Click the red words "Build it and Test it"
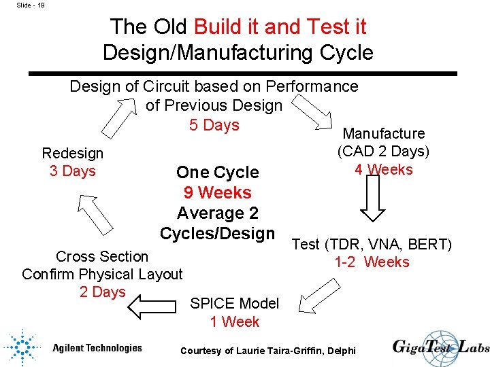(280, 27)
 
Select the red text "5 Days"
(214, 125)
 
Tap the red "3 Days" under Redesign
(73, 171)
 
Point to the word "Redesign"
(73, 154)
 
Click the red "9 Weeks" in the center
(217, 193)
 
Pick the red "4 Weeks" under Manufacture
(383, 169)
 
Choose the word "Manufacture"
(384, 134)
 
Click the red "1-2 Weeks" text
(372, 262)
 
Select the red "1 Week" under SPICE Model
(235, 321)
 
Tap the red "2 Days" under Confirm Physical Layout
(102, 292)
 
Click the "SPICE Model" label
(235, 303)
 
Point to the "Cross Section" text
(102, 256)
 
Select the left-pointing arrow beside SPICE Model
(152, 307)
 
